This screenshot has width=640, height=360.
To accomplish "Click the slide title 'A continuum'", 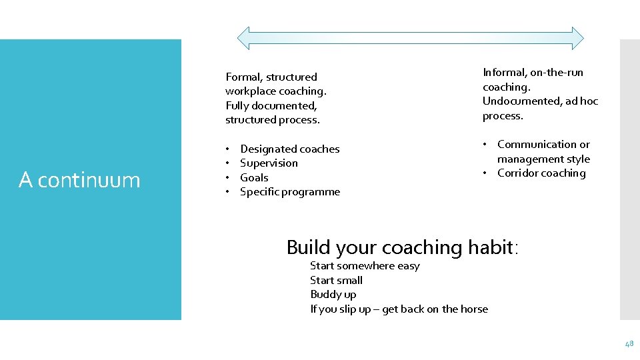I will point(79,180).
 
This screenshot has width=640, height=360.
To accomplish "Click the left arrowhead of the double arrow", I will point(244,39).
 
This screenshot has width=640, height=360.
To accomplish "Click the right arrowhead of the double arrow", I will point(577,39).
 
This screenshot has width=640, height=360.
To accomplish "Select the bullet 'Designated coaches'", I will point(289,149).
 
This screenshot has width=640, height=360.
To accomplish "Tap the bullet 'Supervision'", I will point(269,163).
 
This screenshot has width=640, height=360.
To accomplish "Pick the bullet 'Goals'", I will point(254,177).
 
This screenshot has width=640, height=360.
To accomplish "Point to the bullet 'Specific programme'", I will point(289,192).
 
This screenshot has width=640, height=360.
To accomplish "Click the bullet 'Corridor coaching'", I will point(541,173).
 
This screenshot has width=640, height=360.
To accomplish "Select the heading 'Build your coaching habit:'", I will point(402,247).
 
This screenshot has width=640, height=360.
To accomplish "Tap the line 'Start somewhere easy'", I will point(365,266).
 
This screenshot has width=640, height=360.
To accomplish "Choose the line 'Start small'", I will point(336,281).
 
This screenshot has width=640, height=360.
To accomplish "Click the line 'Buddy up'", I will point(333,295).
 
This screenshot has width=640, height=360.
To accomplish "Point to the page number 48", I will point(629,344).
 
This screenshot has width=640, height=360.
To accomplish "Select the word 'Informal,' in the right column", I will point(505,73).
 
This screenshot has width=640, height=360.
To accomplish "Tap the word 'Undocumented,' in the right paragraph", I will point(517,101).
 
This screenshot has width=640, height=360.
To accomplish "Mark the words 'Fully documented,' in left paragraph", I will point(271,106).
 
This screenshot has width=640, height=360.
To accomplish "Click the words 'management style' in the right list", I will point(543,159).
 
